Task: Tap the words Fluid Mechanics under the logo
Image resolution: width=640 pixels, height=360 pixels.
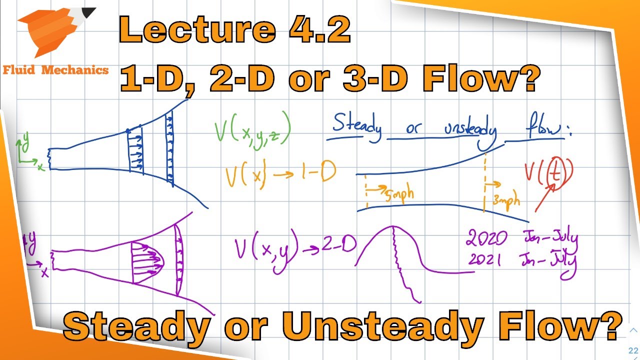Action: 55,70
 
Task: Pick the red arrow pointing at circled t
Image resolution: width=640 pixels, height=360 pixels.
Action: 546,197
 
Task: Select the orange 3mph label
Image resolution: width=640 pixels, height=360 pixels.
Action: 506,200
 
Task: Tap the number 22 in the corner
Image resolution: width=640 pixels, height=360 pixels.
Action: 634,350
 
